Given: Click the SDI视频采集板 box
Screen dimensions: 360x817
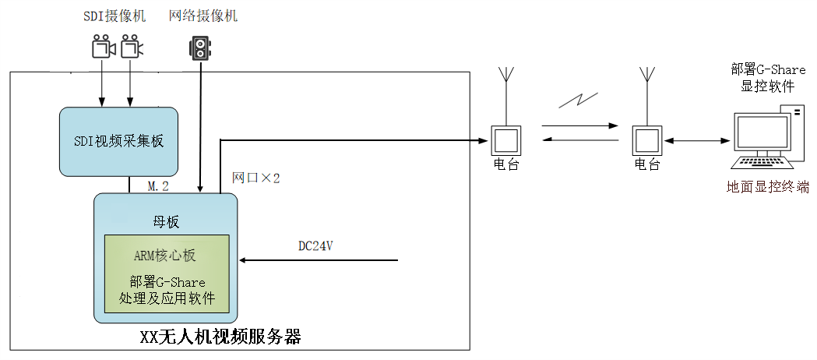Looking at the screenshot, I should point(118,142).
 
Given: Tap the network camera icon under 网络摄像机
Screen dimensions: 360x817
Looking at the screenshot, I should point(201,49).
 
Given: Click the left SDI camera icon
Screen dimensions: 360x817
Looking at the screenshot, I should point(103,48).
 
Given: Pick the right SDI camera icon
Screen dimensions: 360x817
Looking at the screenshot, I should point(132,48).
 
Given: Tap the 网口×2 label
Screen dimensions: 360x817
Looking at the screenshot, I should point(256,178).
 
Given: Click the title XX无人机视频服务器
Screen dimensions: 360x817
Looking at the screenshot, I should point(220,337).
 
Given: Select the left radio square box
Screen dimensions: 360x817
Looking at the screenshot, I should point(505,141).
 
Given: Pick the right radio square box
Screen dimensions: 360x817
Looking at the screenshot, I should point(646,141).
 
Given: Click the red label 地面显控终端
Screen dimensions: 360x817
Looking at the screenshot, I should point(768,187).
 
